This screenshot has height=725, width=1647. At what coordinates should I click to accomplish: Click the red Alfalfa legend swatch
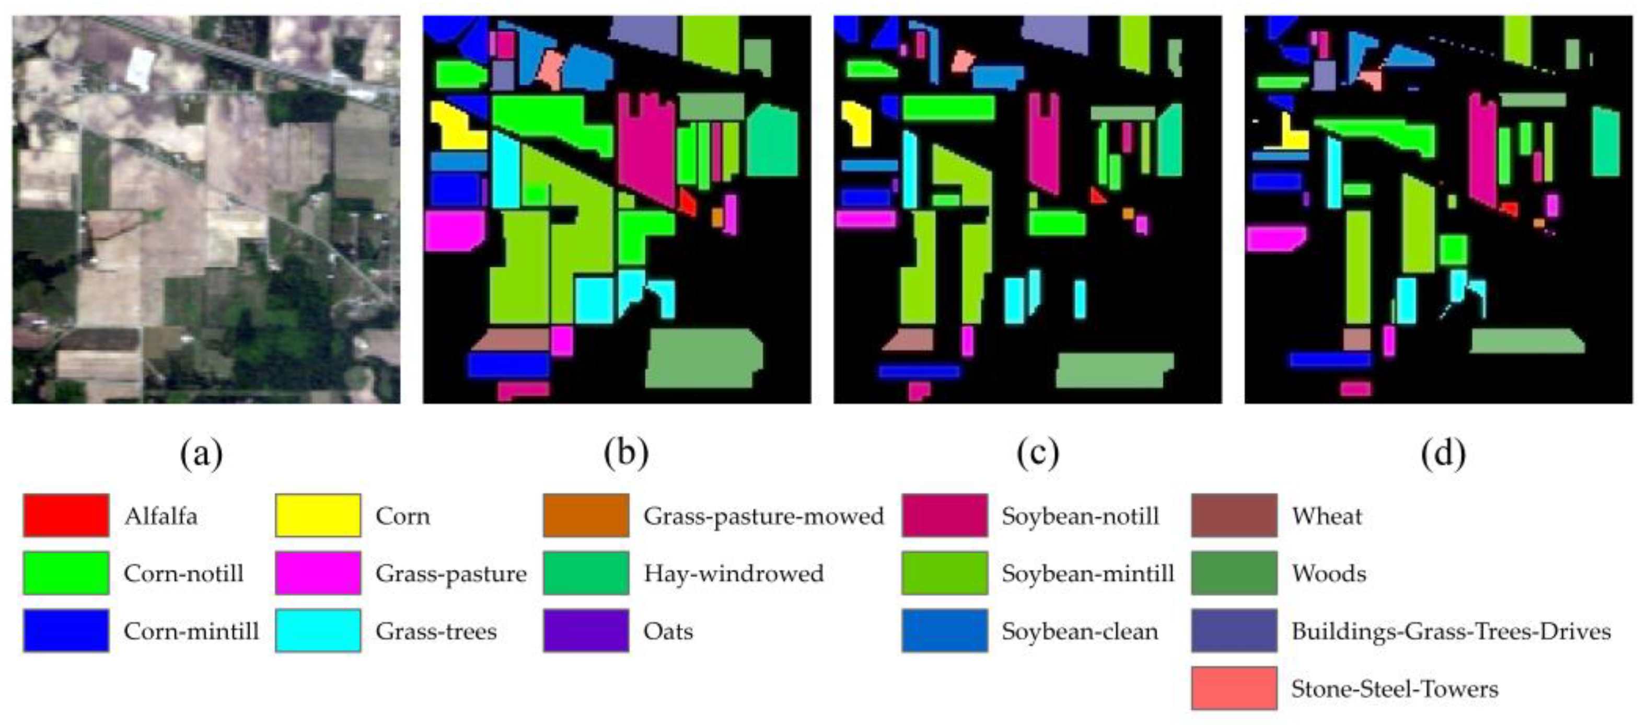click(66, 515)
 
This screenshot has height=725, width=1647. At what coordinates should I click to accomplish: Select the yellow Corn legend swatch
click(318, 515)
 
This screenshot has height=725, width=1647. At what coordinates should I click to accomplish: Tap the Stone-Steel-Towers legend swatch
click(1234, 688)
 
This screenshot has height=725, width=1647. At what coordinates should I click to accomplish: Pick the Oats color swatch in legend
click(586, 630)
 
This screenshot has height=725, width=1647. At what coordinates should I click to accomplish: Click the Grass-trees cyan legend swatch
click(318, 630)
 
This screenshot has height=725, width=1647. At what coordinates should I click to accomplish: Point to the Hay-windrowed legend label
click(733, 573)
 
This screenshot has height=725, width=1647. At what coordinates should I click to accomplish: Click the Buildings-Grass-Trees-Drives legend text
click(1451, 631)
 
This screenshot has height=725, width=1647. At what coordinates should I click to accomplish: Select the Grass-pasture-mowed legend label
click(763, 516)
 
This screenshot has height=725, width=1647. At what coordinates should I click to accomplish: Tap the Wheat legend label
click(1327, 516)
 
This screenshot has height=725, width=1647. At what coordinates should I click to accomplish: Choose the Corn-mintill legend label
click(191, 631)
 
